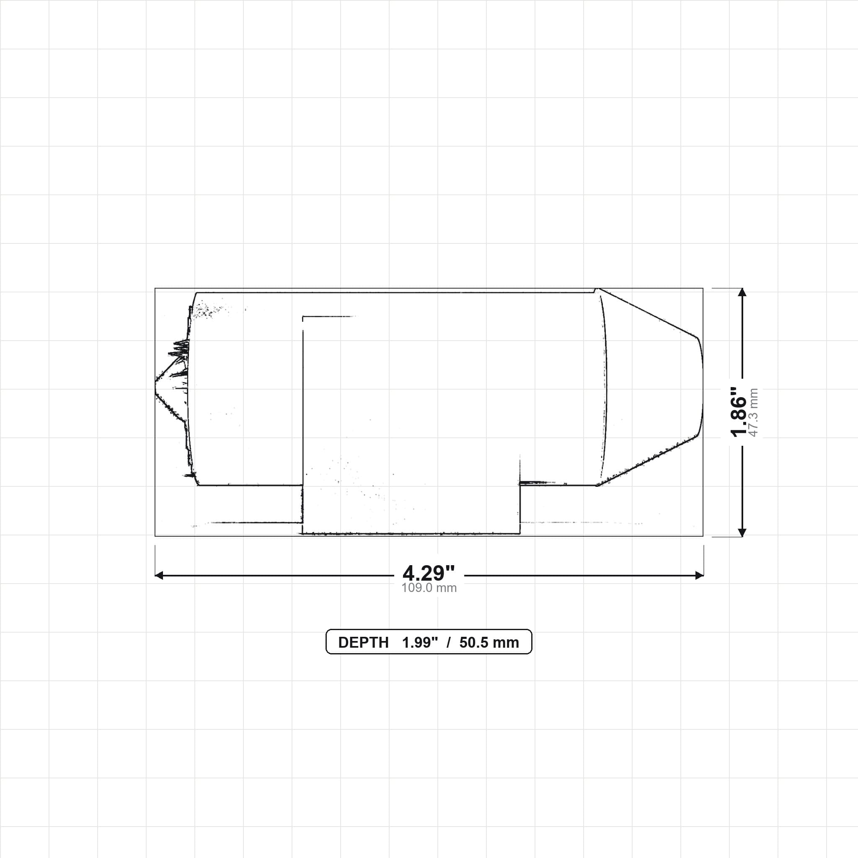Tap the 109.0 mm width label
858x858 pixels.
click(x=429, y=587)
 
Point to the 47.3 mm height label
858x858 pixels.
click(x=754, y=413)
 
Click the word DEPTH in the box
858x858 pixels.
click(x=363, y=643)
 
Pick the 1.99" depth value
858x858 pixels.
click(x=420, y=643)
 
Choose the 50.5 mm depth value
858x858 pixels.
click(x=489, y=643)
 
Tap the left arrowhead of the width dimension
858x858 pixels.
click(x=159, y=576)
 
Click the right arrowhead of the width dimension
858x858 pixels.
click(x=700, y=576)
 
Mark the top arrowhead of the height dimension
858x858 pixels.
click(x=742, y=292)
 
